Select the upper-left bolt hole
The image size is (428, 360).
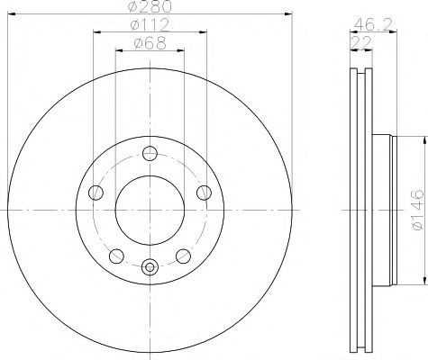(96, 190)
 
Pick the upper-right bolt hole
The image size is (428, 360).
(203, 190)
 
